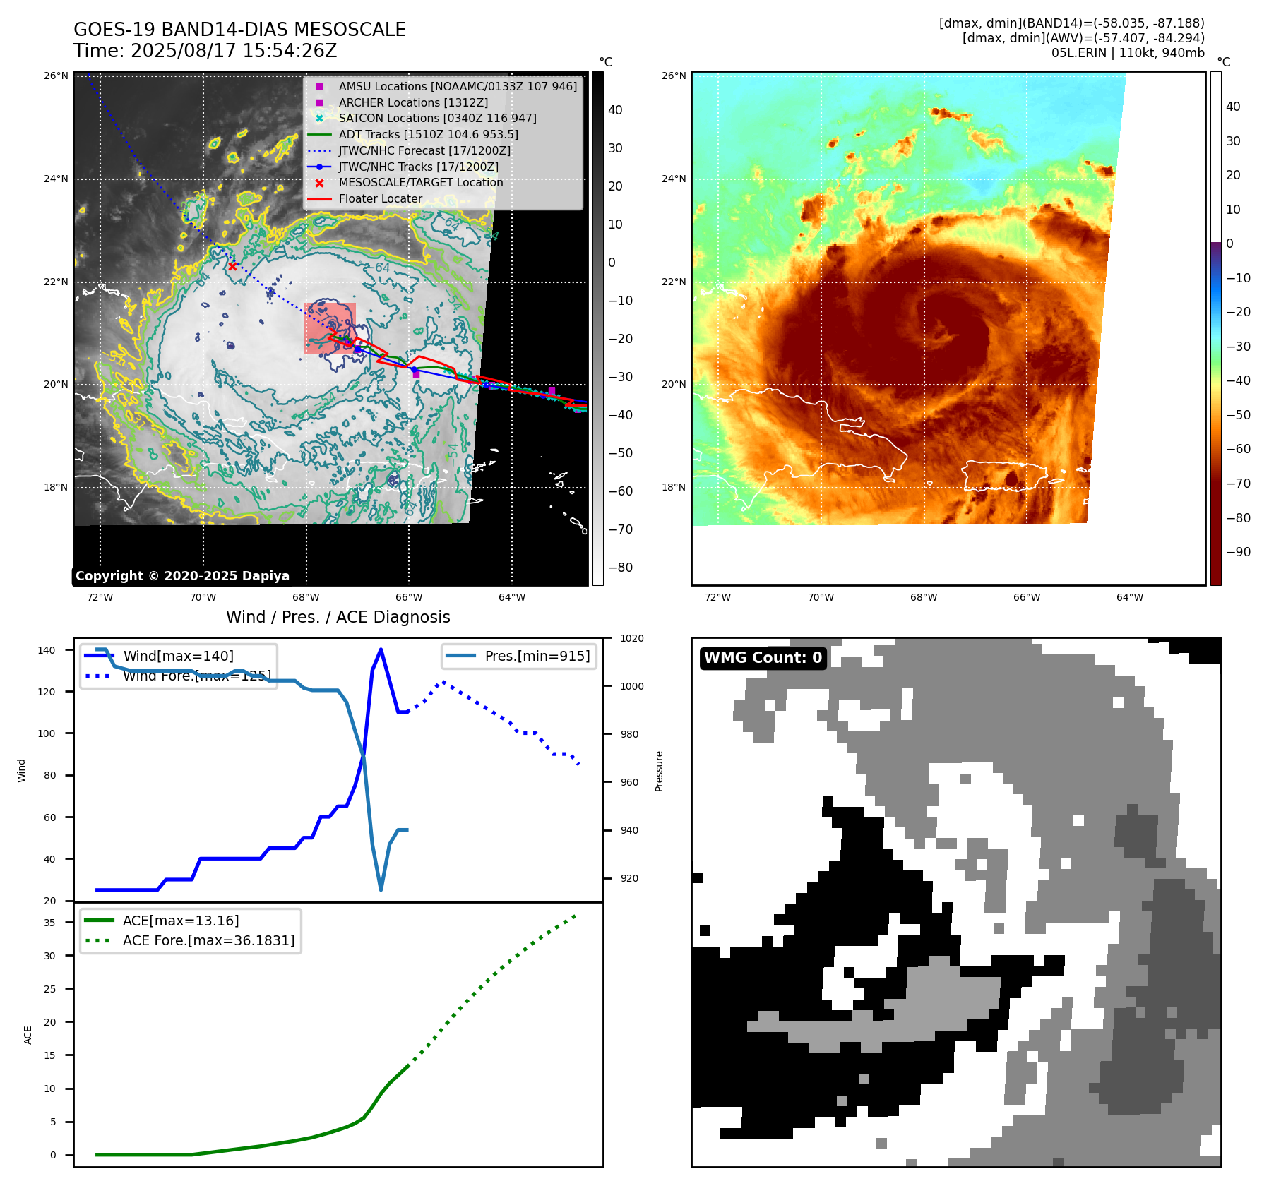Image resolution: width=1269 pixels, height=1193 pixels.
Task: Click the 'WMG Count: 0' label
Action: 763,658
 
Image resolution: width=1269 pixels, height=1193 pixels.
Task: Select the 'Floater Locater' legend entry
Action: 380,199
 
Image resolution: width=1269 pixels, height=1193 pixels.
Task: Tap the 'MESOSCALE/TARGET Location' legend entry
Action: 420,183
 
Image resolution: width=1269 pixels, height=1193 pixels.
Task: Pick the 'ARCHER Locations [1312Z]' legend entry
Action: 412,102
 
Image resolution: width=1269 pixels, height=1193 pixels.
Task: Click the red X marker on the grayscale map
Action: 232,266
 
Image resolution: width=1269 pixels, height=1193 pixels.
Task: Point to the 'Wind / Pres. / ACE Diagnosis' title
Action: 338,617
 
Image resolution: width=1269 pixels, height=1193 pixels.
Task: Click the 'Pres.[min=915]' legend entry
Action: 537,656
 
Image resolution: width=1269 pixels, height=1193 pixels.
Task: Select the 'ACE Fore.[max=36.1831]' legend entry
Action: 208,940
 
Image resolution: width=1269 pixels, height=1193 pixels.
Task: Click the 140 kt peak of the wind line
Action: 381,649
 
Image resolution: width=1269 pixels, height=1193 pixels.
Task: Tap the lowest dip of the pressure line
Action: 381,889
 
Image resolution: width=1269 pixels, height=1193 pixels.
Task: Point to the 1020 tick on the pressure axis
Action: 631,638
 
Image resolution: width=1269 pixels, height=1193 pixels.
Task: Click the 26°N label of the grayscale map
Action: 56,76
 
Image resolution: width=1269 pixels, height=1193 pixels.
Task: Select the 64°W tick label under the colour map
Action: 1129,597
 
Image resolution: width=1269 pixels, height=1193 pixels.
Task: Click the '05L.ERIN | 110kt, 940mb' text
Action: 1127,53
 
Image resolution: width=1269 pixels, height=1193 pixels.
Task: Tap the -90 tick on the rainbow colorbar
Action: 1238,552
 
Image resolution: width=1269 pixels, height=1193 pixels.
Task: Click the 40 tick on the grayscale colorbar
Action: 615,110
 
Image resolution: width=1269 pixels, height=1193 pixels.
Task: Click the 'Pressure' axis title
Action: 659,771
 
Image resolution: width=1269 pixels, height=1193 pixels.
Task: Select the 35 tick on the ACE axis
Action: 49,923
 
